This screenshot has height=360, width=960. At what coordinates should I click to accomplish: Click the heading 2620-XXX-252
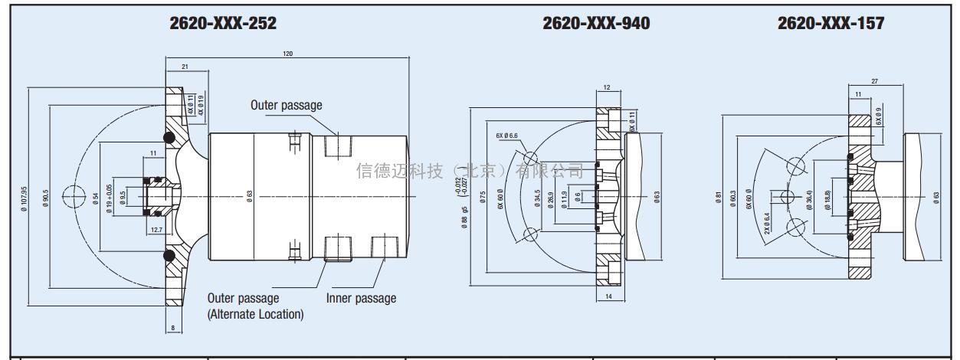(x=222, y=24)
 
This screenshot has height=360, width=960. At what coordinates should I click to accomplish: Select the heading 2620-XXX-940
(x=596, y=24)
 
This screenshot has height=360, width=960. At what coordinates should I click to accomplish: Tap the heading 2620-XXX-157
(x=831, y=24)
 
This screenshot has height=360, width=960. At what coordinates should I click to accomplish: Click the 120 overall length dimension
(x=287, y=54)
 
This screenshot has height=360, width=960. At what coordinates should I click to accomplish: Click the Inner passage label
(x=361, y=298)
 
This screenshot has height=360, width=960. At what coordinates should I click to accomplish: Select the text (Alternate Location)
(x=255, y=314)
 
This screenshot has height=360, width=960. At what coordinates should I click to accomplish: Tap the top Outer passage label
(x=287, y=105)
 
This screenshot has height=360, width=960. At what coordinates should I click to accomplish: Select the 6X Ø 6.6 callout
(x=507, y=136)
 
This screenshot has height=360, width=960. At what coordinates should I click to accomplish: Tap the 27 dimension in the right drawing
(x=873, y=80)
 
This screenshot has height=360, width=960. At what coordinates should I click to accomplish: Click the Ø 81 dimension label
(x=718, y=198)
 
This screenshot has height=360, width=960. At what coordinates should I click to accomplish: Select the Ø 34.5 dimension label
(x=537, y=198)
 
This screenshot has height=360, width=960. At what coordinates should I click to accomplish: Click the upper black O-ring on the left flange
(x=168, y=138)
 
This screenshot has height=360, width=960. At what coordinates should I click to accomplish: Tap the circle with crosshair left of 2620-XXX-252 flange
(x=74, y=197)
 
